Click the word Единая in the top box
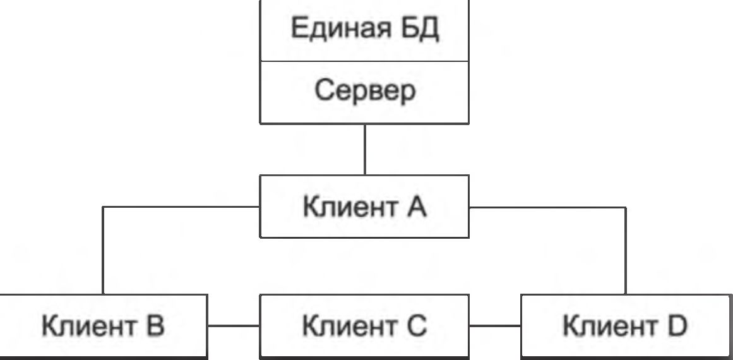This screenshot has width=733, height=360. click(335, 30)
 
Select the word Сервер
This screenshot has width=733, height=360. click(365, 92)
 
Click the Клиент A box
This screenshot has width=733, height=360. click(364, 207)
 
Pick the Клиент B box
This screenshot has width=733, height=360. click(103, 327)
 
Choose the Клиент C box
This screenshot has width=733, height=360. click(364, 327)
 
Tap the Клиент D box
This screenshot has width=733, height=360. click(626, 327)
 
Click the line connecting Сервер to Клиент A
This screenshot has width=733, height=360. click(364, 149)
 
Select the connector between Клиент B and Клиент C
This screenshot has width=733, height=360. click(233, 327)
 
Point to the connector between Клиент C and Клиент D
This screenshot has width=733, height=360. click(495, 327)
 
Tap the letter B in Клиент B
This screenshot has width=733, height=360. click(155, 327)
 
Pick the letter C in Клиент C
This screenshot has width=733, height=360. click(416, 327)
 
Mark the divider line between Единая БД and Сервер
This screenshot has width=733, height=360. click(364, 61)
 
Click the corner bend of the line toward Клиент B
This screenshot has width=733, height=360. click(104, 207)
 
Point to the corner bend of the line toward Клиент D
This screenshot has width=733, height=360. click(626, 207)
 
